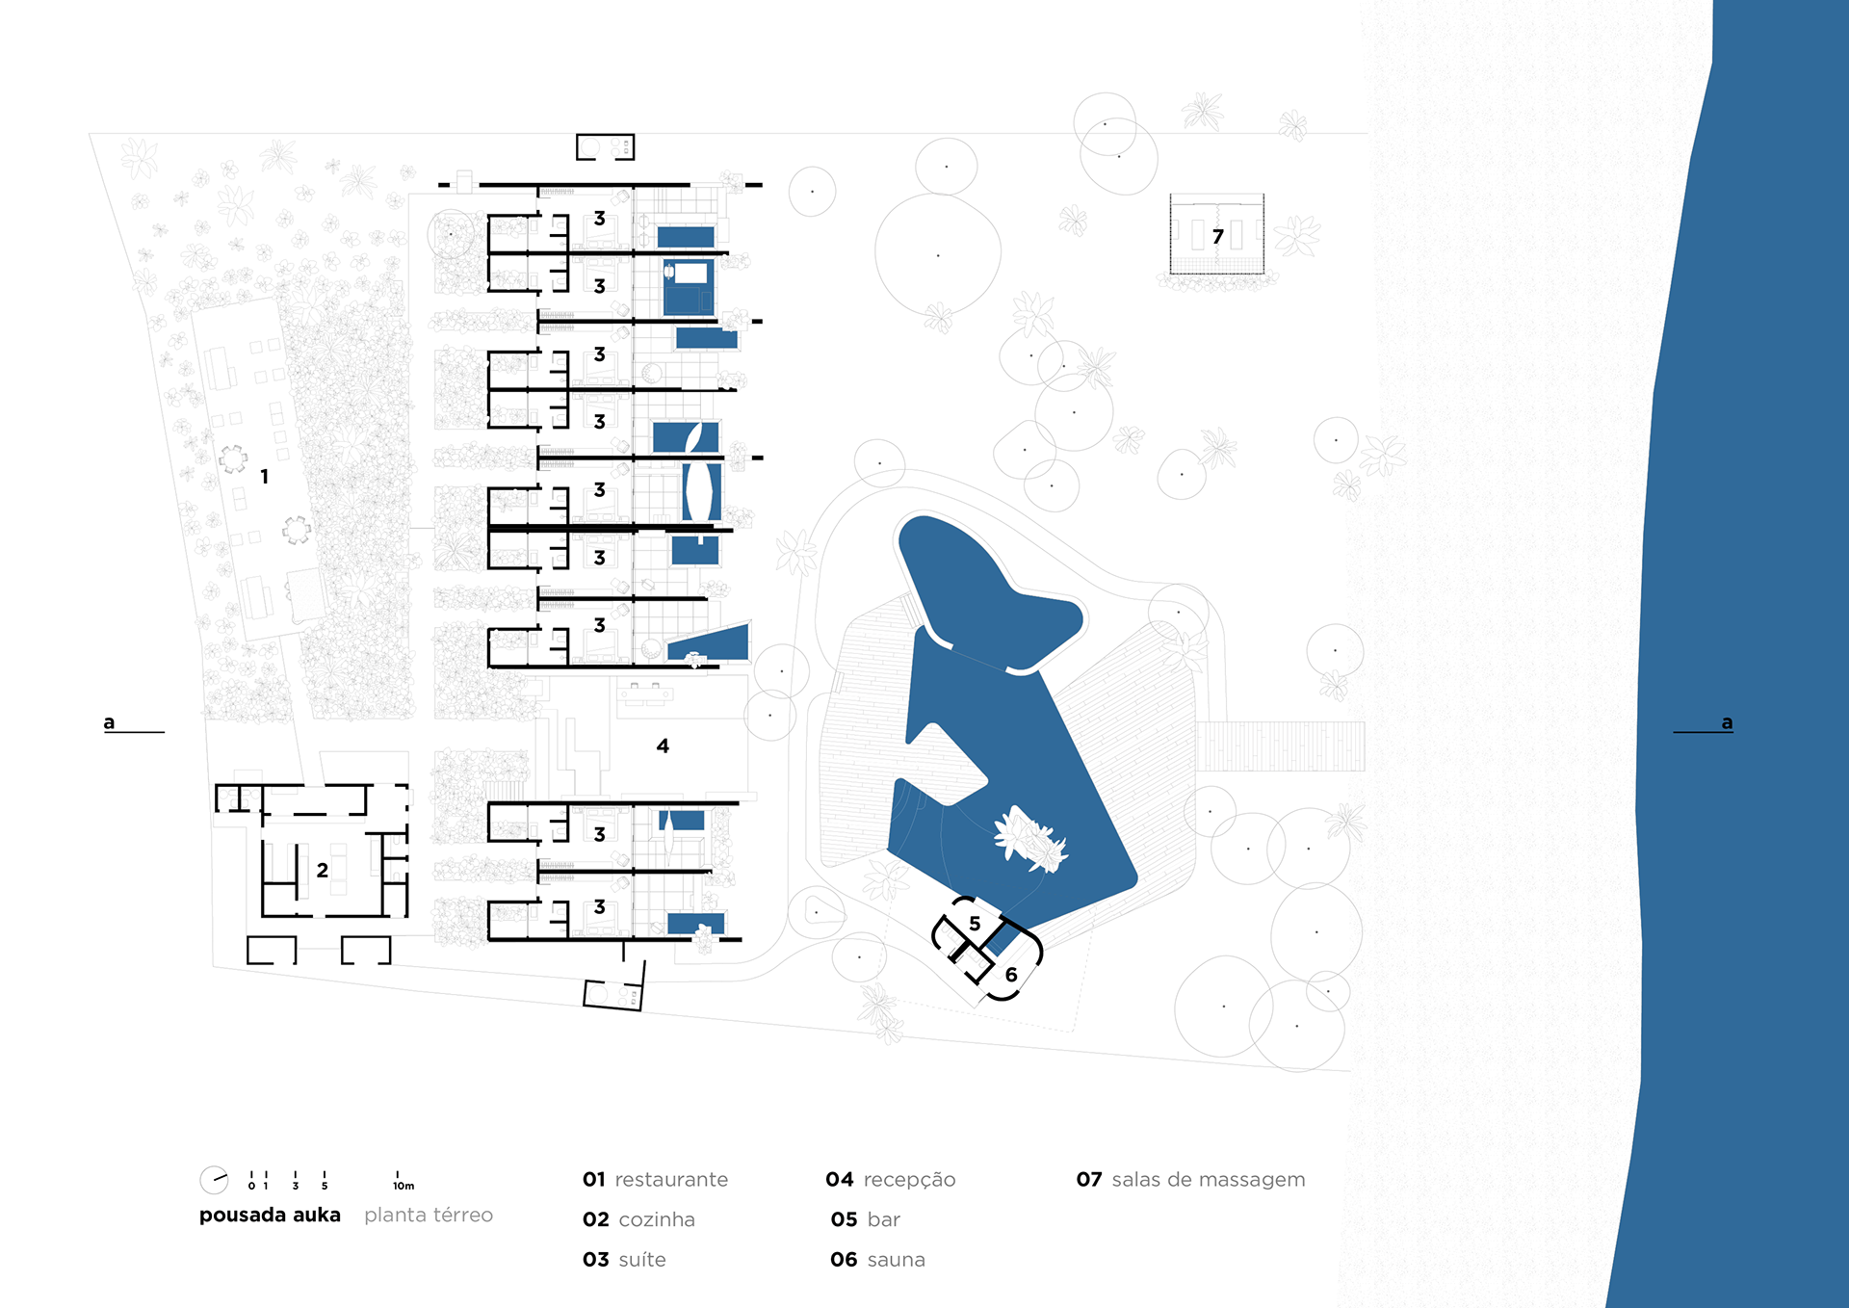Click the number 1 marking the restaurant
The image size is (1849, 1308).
[x=265, y=477]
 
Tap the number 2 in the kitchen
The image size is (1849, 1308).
[x=323, y=871]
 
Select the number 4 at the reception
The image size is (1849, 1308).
[x=663, y=746]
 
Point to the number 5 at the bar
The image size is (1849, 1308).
[x=975, y=925]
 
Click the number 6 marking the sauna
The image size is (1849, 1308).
[x=1011, y=975]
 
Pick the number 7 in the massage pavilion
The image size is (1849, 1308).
[x=1218, y=237]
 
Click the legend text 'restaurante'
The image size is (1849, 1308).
[x=671, y=1180]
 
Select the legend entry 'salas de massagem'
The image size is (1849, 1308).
[x=1209, y=1180]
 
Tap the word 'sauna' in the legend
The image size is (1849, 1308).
[x=896, y=1260]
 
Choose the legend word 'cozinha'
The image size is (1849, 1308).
[x=657, y=1219]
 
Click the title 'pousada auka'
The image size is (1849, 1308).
[x=270, y=1216]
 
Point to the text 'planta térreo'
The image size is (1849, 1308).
[x=429, y=1216]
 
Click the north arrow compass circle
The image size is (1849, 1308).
[x=214, y=1180]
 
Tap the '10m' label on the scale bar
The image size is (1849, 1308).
[x=404, y=1186]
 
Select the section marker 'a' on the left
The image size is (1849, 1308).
[x=109, y=722]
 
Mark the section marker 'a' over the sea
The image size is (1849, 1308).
[x=1727, y=722]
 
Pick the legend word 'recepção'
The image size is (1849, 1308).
[x=909, y=1180]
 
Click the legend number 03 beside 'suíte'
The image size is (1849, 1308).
[x=596, y=1260]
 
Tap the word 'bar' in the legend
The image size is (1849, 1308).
[x=883, y=1219]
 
